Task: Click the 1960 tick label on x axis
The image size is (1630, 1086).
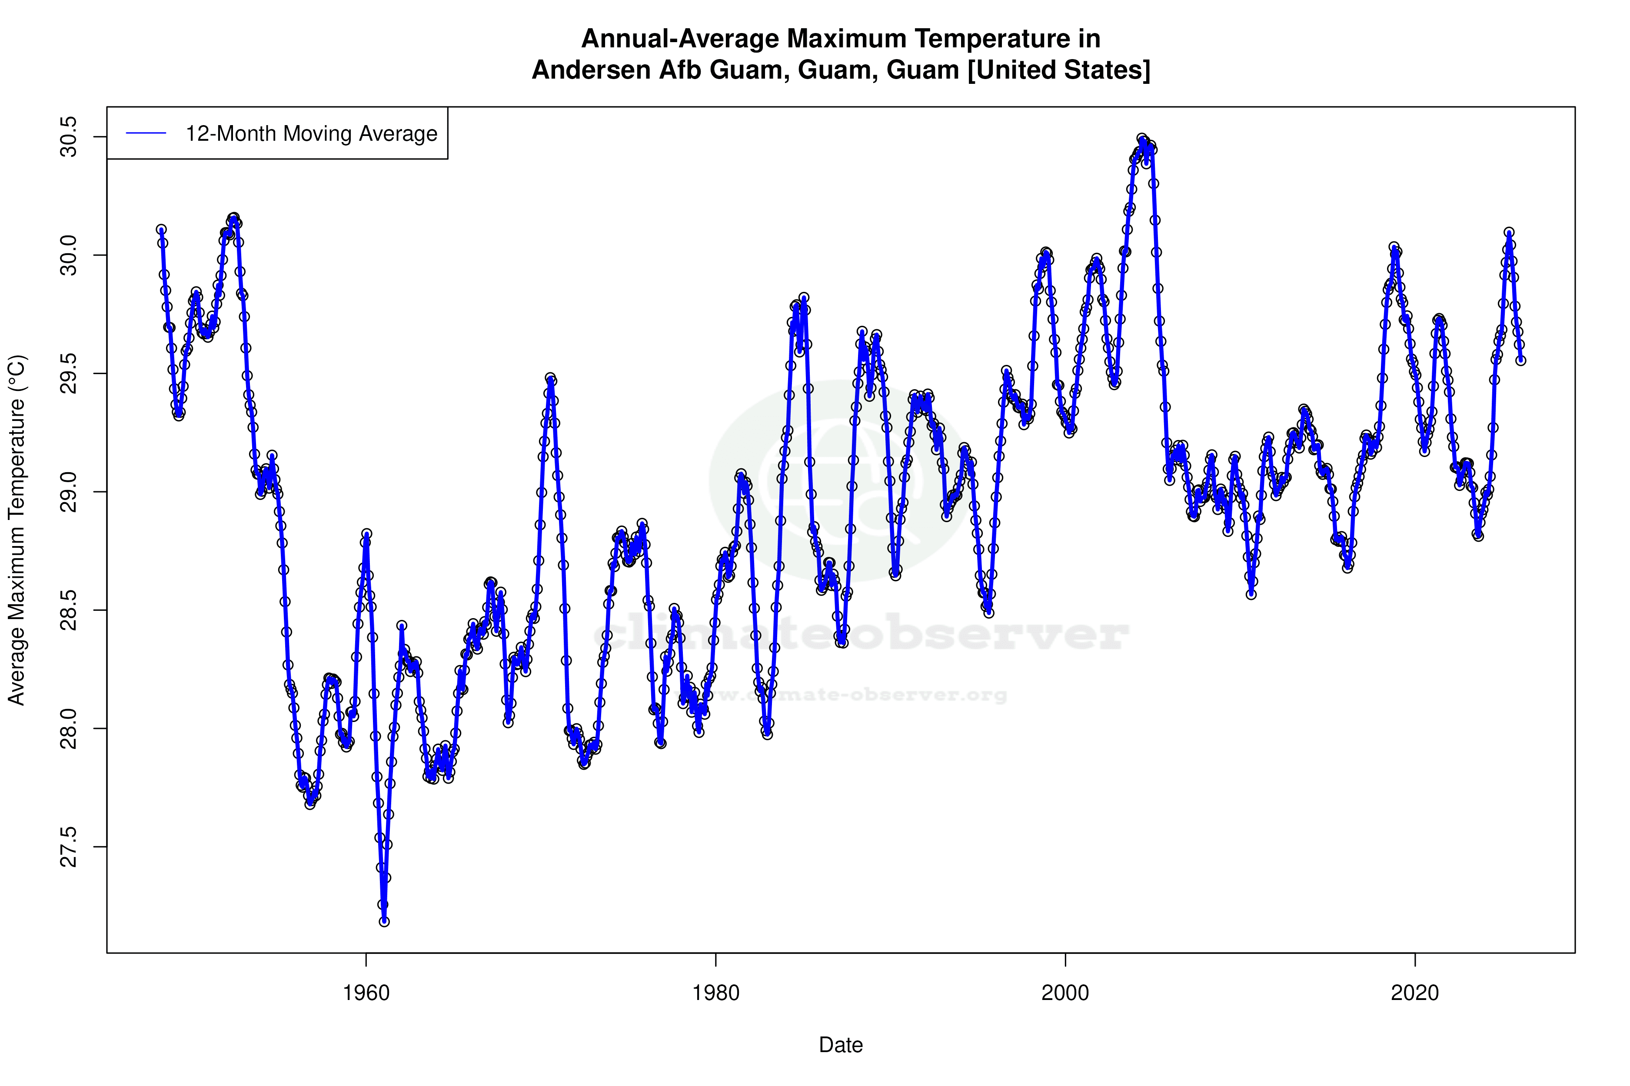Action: [366, 993]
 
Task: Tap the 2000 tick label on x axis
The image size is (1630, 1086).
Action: [1065, 993]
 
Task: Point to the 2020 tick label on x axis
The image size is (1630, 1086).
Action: [1414, 993]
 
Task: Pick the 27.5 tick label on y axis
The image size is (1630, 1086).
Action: [69, 846]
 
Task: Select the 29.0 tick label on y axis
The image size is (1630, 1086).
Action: [69, 492]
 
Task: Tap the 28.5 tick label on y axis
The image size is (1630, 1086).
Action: [69, 610]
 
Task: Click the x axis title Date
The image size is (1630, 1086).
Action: [841, 1045]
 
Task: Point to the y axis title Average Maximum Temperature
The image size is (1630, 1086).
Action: [17, 530]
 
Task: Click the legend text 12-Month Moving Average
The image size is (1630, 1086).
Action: [311, 134]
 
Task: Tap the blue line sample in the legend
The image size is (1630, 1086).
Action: [146, 134]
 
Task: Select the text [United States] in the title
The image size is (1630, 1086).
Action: [1058, 70]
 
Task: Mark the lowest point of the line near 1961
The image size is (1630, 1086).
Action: [384, 921]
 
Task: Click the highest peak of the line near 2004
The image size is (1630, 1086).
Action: [1141, 139]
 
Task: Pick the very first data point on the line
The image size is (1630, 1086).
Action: [161, 229]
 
